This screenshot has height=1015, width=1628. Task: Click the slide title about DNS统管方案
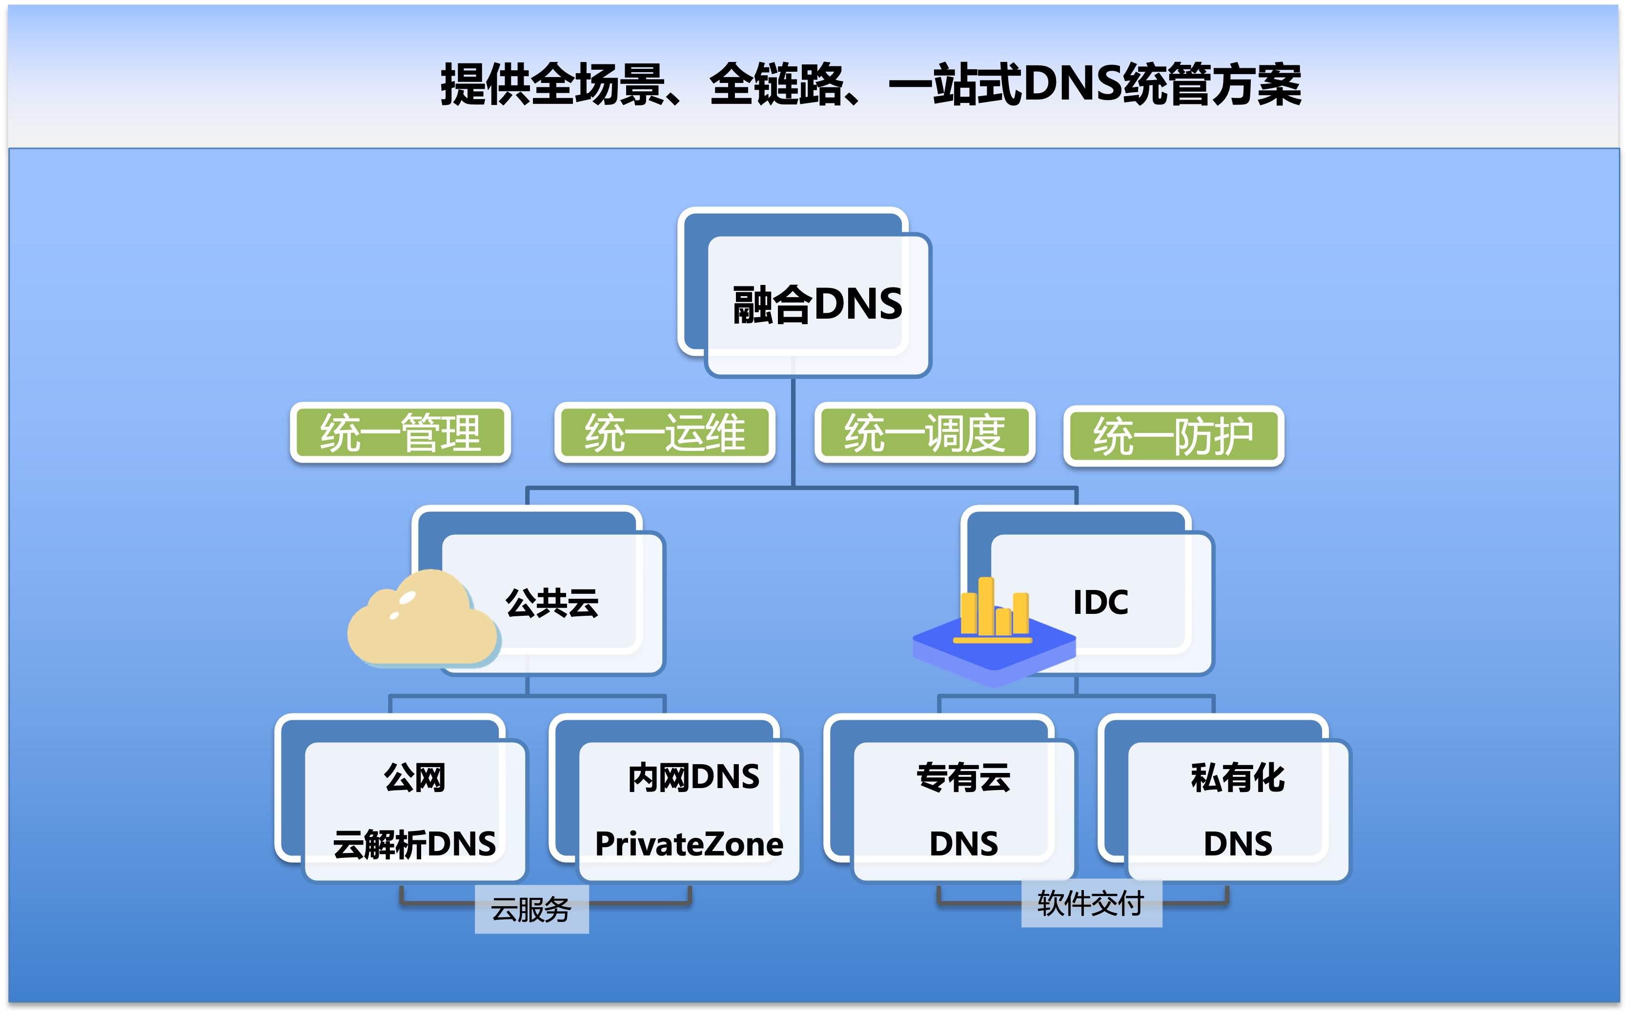871,84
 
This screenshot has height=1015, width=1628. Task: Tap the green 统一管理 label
400,433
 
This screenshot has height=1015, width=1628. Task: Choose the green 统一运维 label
665,433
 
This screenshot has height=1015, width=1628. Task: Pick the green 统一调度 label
924,433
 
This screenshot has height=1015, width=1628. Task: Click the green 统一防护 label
1174,436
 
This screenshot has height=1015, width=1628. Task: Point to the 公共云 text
552,602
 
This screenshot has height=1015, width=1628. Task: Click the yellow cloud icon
424,618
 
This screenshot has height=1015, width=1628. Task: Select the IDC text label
1100,602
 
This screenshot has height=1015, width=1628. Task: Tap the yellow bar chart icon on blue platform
994,631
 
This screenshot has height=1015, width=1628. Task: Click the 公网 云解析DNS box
402,798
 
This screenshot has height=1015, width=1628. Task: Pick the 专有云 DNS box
951,798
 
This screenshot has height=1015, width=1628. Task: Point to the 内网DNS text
693,777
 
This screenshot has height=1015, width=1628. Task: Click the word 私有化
1238,777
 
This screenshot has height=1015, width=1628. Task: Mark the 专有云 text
963,777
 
